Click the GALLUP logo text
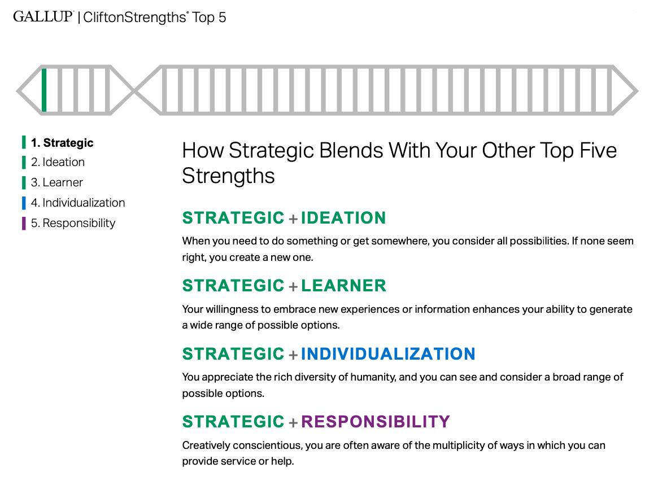tap(43, 16)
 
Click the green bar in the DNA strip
tap(44, 90)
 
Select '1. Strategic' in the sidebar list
tap(62, 143)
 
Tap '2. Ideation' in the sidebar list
tap(58, 162)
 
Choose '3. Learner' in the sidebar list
tap(56, 182)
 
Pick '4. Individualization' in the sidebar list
tap(77, 203)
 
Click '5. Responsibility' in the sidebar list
tap(73, 223)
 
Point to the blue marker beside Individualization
tap(24, 203)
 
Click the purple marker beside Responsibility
tap(24, 223)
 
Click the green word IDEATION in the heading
tap(343, 218)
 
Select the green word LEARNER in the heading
tap(343, 286)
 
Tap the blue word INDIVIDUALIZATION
tap(388, 354)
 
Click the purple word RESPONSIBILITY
tap(376, 422)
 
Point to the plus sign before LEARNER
tap(293, 287)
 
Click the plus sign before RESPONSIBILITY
tap(293, 423)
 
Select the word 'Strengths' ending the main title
tap(228, 176)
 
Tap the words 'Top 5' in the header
tap(209, 18)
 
